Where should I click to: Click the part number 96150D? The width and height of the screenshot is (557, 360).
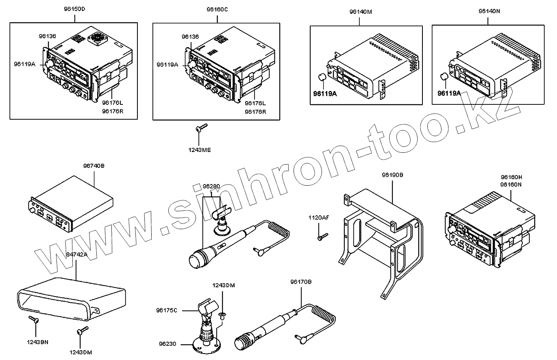(x=74, y=9)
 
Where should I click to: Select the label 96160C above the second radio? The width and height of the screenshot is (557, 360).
(x=217, y=9)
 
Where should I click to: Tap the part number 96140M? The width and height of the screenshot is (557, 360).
(x=361, y=12)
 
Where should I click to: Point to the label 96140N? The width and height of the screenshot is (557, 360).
(x=489, y=12)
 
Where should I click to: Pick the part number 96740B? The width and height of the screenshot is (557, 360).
(x=94, y=166)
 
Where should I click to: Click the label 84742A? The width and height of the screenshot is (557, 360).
(x=76, y=254)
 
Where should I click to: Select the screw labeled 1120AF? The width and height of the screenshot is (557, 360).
(x=322, y=235)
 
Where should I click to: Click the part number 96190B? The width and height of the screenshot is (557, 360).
(x=392, y=175)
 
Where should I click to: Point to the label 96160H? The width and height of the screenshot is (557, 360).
(x=511, y=177)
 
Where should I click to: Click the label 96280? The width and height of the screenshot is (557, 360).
(x=211, y=187)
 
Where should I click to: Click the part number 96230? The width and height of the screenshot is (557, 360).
(x=168, y=344)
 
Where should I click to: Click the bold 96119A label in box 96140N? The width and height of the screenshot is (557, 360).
(x=449, y=93)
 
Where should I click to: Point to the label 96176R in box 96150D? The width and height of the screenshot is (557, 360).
(x=112, y=111)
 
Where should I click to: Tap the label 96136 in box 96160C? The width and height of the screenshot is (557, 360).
(x=190, y=37)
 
